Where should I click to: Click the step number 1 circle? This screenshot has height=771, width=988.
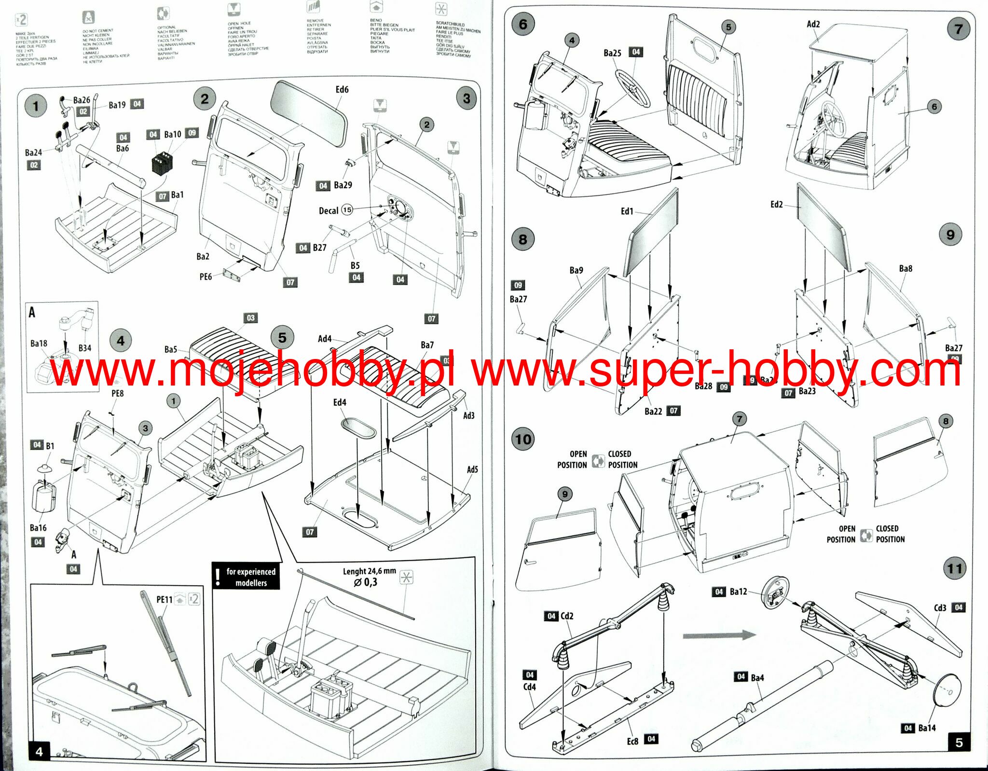pyautogui.click(x=35, y=106)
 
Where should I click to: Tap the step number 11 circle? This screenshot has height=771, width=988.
pyautogui.click(x=954, y=569)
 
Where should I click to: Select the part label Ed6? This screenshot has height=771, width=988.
pyautogui.click(x=342, y=89)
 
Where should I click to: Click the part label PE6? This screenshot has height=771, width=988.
pyautogui.click(x=206, y=276)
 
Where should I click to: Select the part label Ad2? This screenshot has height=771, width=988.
pyautogui.click(x=813, y=24)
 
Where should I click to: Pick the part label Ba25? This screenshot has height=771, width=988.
pyautogui.click(x=612, y=53)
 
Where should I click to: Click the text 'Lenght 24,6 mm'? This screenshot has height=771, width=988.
pyautogui.click(x=369, y=571)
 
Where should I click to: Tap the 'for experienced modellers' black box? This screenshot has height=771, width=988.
pyautogui.click(x=246, y=577)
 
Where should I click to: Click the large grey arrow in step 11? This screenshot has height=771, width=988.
pyautogui.click(x=719, y=635)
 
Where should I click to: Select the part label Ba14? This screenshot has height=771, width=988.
pyautogui.click(x=927, y=728)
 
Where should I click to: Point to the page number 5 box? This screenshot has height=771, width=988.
pyautogui.click(x=959, y=743)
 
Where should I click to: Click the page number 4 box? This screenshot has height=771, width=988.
pyautogui.click(x=39, y=751)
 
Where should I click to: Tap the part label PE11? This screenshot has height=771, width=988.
pyautogui.click(x=164, y=599)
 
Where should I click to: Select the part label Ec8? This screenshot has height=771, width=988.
pyautogui.click(x=632, y=741)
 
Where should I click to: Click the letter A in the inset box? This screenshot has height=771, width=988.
pyautogui.click(x=32, y=312)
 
